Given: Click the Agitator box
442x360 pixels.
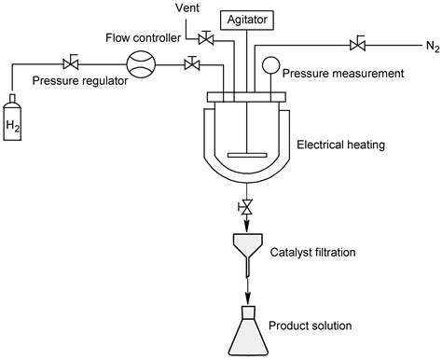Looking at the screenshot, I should [x=246, y=18].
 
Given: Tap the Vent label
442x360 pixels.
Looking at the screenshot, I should [x=186, y=8].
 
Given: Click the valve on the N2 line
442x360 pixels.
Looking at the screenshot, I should [x=357, y=43].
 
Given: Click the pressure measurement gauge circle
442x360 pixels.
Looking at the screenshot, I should [x=270, y=64].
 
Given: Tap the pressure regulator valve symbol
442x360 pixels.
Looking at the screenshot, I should [x=68, y=63].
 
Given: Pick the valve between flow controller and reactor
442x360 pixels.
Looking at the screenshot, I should [x=191, y=63].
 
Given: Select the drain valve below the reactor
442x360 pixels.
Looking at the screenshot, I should [x=246, y=207].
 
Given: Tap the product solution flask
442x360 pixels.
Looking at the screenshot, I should [x=246, y=332].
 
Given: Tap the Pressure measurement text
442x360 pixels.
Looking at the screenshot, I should [x=342, y=72].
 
